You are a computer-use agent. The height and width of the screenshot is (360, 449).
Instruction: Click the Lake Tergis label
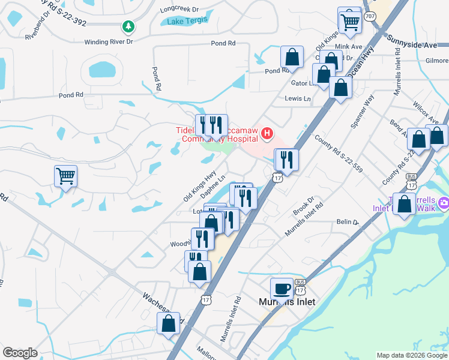point(187,22)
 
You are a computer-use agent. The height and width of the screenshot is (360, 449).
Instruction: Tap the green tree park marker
point(127,26)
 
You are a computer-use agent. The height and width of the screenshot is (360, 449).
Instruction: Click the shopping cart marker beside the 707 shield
point(349,22)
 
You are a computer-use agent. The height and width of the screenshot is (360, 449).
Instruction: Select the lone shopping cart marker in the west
point(66,176)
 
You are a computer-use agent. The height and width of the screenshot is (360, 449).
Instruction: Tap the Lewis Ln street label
point(298,98)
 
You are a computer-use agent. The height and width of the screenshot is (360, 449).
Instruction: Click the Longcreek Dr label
point(179,10)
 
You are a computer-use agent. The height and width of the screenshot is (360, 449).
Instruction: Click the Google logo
point(20,353)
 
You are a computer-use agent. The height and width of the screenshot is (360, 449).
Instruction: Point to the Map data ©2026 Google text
point(411,355)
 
